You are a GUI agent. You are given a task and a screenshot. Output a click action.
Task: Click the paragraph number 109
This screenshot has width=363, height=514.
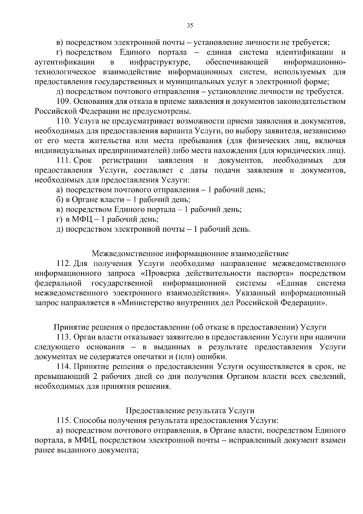(63, 101)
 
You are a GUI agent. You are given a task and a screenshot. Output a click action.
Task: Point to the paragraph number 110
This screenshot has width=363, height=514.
(63, 121)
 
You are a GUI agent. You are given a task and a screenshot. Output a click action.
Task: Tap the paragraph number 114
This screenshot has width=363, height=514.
(63, 367)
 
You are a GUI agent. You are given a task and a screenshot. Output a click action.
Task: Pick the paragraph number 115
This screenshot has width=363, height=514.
(63, 420)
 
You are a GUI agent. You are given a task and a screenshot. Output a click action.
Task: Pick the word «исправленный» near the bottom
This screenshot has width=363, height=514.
(253, 440)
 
